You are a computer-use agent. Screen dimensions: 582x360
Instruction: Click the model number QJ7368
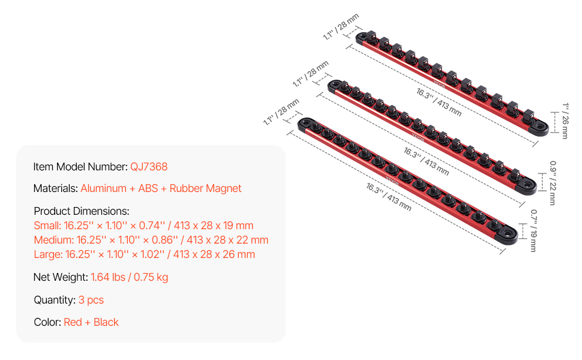click(x=149, y=167)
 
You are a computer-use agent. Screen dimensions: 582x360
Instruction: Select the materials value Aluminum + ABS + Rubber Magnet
click(x=161, y=188)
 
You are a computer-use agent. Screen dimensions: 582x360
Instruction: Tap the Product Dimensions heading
click(x=82, y=211)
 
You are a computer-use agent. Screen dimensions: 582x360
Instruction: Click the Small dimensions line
click(x=143, y=226)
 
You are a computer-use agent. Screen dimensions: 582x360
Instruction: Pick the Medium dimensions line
click(x=151, y=240)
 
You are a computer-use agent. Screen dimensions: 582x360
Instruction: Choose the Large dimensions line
click(x=145, y=254)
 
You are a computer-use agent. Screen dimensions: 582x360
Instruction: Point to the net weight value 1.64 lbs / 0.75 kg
click(x=130, y=277)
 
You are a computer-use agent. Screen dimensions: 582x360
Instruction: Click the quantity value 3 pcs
click(x=91, y=300)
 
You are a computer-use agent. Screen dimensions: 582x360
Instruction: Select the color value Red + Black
click(x=91, y=322)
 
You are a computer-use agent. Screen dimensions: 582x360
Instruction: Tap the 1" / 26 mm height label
click(x=565, y=121)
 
